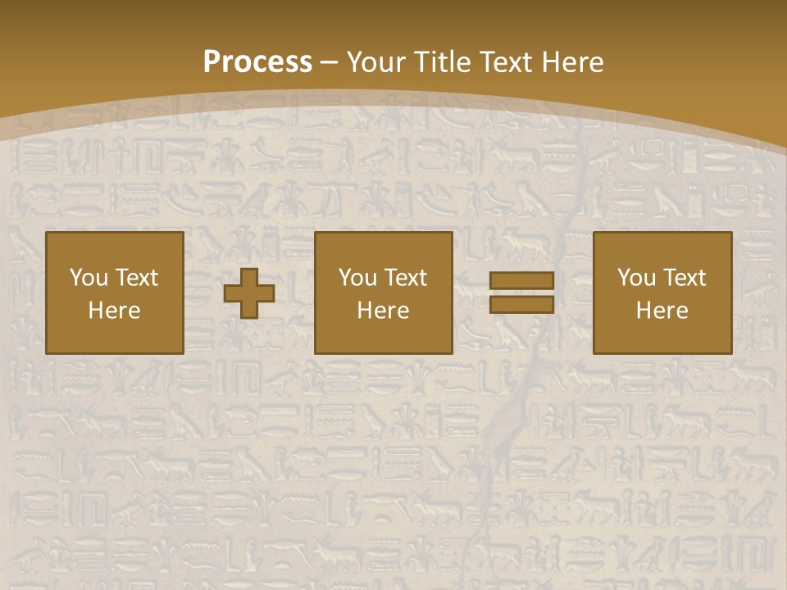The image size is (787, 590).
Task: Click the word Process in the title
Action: coord(257,62)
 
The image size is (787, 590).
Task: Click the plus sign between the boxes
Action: coord(249,293)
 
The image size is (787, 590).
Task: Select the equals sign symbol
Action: coord(521,293)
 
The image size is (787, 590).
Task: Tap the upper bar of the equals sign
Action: coord(521,281)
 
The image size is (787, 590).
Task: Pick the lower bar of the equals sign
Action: coord(521,304)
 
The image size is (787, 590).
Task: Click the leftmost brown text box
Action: coord(115,293)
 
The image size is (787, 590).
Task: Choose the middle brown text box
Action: coord(384,293)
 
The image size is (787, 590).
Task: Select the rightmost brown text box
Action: coord(662,293)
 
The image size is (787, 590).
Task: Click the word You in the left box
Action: coord(88,278)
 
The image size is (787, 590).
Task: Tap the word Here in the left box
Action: coord(115,311)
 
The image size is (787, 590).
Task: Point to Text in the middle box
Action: coord(405,278)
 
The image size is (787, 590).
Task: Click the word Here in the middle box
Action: coord(384,311)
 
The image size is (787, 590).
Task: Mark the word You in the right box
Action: coord(635,278)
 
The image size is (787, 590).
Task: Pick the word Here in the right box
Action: coord(662,311)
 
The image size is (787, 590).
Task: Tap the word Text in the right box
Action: coord(684,278)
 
